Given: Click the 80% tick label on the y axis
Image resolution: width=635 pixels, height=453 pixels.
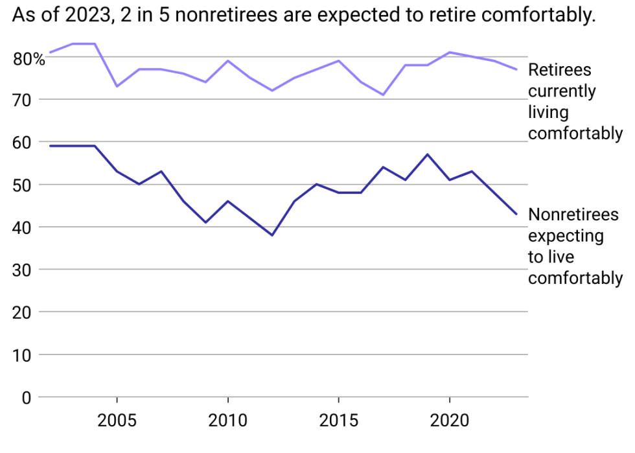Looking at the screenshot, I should pyautogui.click(x=29, y=59).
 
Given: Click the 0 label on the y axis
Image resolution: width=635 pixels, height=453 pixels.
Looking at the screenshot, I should pyautogui.click(x=27, y=397).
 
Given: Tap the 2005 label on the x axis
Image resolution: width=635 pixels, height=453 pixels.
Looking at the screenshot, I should pyautogui.click(x=117, y=421).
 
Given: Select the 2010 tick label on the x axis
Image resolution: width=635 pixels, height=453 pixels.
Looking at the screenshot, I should pyautogui.click(x=227, y=421).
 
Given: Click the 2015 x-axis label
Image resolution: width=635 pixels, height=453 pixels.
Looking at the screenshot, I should pyautogui.click(x=338, y=421).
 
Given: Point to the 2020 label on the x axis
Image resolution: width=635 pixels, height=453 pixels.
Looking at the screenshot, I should pyautogui.click(x=449, y=421).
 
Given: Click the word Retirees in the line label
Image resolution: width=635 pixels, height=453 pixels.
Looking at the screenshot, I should pyautogui.click(x=560, y=70).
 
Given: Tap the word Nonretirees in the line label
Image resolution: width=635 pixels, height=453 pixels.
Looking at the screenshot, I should pyautogui.click(x=573, y=215).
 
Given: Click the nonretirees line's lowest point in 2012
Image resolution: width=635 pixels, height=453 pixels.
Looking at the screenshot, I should pyautogui.click(x=272, y=235).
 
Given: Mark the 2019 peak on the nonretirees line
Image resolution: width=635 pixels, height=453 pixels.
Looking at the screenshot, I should pyautogui.click(x=427, y=154).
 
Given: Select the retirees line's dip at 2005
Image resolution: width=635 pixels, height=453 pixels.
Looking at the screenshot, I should pyautogui.click(x=117, y=86).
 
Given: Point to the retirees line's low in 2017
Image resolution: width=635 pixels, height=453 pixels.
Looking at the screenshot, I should pyautogui.click(x=383, y=95).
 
